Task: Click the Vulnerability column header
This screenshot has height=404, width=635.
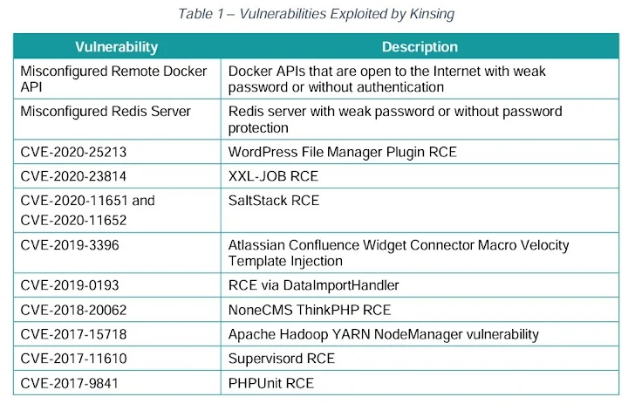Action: pos(117,47)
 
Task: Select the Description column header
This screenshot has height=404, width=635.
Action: pos(420,47)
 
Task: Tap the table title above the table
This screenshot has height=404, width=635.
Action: pos(317,14)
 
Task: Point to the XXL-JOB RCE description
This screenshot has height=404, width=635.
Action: pos(273,176)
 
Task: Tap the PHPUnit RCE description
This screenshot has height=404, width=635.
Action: pos(271,383)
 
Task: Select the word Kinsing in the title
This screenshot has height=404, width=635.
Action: pos(432,14)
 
